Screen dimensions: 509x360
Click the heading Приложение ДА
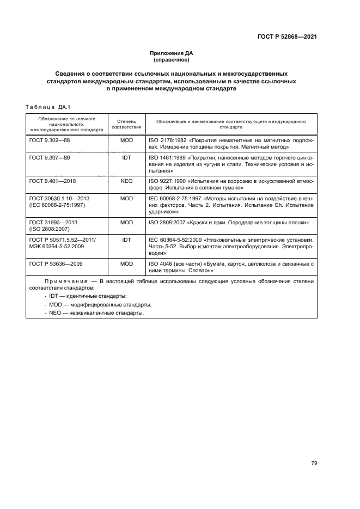tap(172, 53)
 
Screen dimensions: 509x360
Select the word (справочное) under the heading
tap(172, 59)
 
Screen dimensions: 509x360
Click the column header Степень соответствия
tap(126, 124)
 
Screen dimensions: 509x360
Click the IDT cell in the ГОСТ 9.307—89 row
tap(126, 157)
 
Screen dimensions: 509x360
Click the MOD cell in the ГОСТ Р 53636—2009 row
tap(126, 264)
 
